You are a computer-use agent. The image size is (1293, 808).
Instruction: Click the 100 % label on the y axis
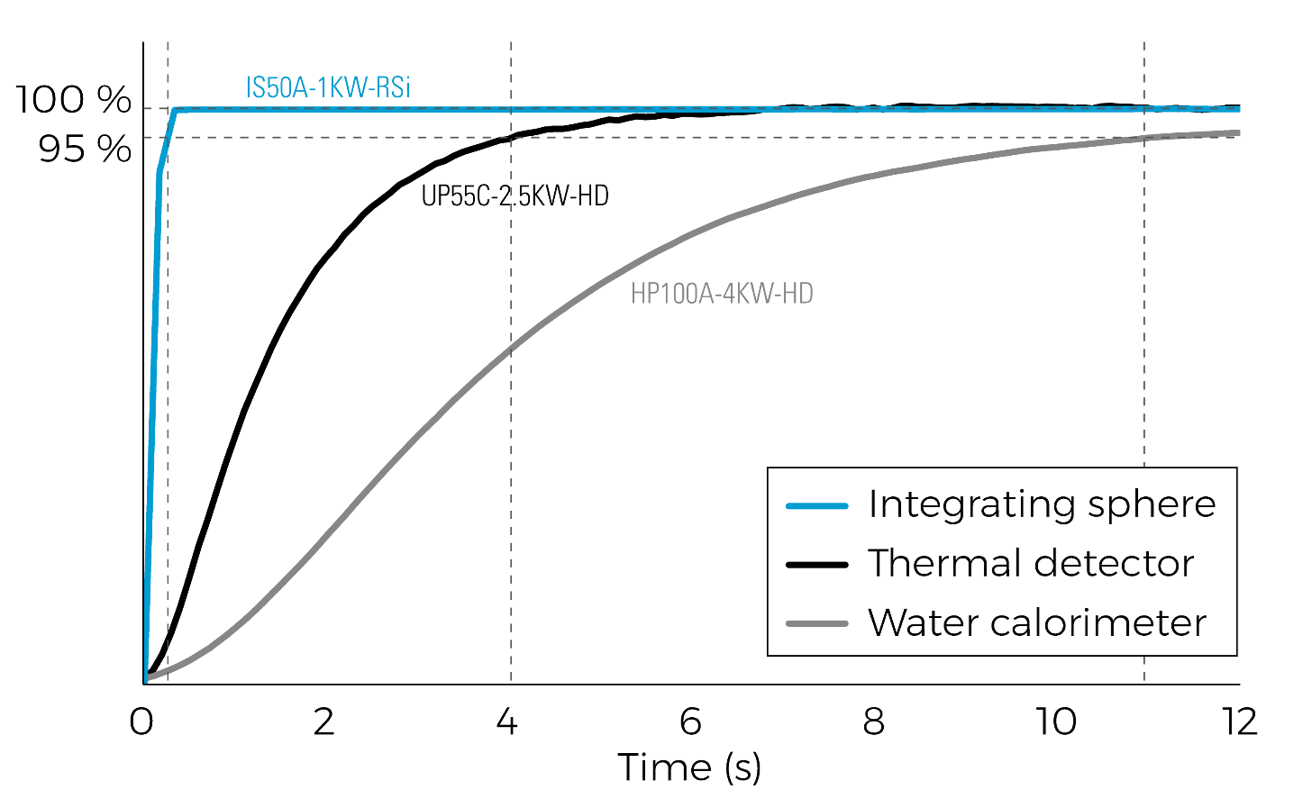click(x=73, y=99)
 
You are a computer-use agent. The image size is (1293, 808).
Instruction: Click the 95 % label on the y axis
click(x=85, y=149)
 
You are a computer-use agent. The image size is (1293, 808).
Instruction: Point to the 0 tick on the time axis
click(x=141, y=722)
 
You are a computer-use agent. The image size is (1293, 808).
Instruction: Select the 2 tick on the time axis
click(x=323, y=722)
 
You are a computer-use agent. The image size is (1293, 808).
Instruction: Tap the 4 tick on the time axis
click(x=506, y=722)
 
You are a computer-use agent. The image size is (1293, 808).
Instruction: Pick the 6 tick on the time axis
click(x=690, y=722)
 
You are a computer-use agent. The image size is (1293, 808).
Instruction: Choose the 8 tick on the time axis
click(x=873, y=722)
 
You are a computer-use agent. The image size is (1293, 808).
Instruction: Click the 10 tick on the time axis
click(x=1057, y=722)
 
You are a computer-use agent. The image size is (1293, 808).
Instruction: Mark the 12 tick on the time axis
click(x=1240, y=722)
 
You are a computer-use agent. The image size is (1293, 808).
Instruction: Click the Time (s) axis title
click(x=690, y=768)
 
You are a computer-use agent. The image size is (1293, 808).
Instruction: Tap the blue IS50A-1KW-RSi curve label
click(x=328, y=87)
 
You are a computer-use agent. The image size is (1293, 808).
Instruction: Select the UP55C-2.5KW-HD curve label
click(x=514, y=195)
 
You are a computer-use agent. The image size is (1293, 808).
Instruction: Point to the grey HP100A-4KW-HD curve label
click(x=722, y=293)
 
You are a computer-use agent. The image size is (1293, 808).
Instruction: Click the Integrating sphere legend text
click(x=1042, y=505)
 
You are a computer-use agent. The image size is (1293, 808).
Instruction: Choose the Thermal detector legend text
click(x=1031, y=564)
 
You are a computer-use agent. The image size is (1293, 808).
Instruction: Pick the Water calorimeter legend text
click(x=1037, y=623)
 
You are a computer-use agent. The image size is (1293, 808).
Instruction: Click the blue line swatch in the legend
click(x=816, y=506)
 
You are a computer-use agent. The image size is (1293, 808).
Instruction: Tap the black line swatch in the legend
click(x=816, y=565)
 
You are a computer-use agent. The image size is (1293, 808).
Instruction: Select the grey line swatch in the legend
click(x=816, y=624)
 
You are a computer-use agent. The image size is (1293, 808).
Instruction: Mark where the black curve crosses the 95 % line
click(x=509, y=137)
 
